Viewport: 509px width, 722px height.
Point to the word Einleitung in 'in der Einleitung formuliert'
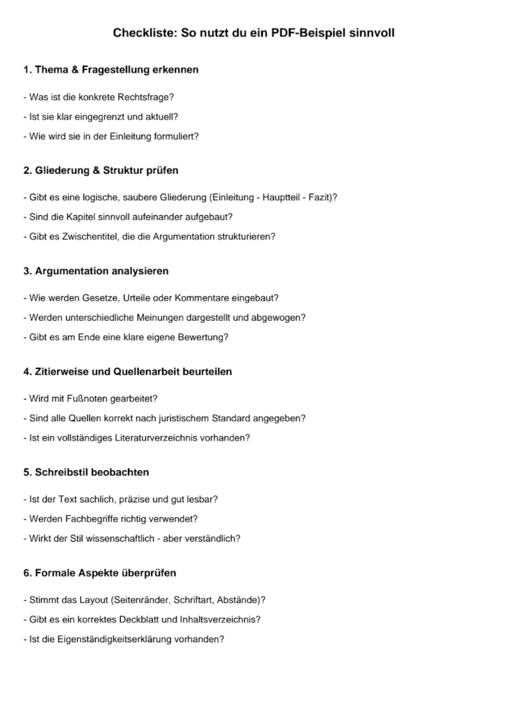coord(130,136)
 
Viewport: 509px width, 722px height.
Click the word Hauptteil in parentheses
coord(281,197)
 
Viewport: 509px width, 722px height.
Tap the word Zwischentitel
coord(89,236)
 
